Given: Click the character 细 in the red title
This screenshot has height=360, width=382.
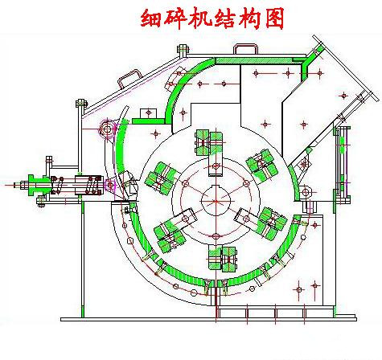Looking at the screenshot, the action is coord(151,18).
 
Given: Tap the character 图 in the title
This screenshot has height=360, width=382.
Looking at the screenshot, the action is coord(274,18).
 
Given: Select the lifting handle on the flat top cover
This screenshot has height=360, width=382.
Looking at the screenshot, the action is coord(245,50).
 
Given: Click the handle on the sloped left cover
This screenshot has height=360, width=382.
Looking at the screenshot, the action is coord(129,77).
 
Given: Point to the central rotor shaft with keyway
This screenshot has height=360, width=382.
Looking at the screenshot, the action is coord(216,201).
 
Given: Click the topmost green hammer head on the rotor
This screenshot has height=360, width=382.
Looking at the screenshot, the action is coord(209,143).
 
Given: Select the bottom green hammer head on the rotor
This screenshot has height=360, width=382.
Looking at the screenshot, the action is coord(222,259).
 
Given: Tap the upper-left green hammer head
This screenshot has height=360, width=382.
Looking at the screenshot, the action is coord(162,178).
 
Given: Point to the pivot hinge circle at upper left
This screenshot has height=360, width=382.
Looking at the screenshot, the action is coord(107,129).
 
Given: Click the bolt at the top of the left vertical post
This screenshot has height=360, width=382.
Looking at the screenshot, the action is coord(81,103).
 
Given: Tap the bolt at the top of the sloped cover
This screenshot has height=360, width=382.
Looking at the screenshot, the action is coord(183,50).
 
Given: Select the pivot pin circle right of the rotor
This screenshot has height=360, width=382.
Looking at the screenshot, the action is coord(305,192).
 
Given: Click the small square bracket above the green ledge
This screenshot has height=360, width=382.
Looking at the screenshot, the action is coord(148,112).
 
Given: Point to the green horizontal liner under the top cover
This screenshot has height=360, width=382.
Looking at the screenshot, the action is coord(260,61).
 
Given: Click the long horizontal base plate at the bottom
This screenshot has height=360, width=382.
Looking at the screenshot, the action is coord(208,319).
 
